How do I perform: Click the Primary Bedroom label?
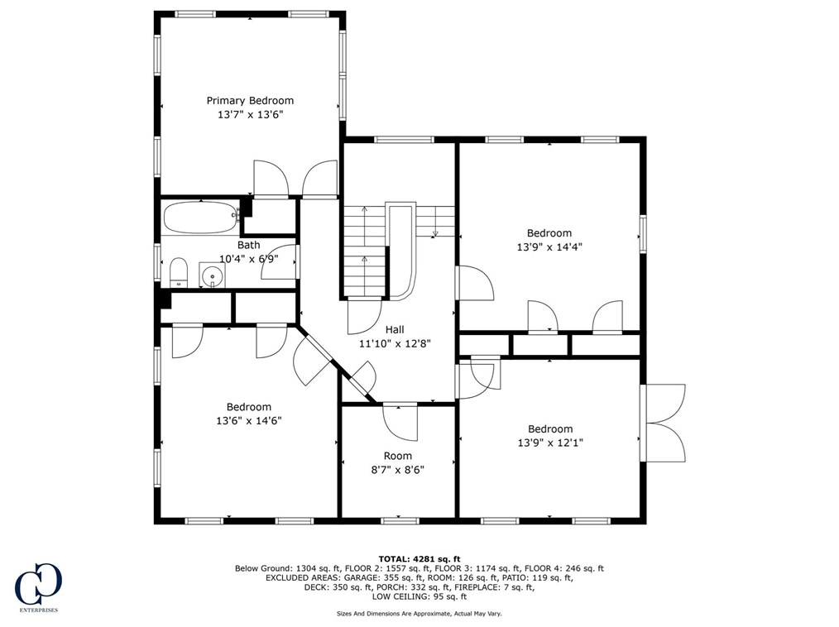(250, 101)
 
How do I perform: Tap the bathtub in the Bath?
(201, 218)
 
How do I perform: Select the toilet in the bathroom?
(178, 272)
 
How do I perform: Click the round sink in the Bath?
(213, 275)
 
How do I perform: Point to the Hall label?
(395, 329)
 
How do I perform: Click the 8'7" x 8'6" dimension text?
(397, 470)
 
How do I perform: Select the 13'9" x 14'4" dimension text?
(549, 247)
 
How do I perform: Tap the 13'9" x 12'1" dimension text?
(550, 443)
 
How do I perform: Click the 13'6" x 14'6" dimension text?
(249, 421)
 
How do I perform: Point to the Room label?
(397, 456)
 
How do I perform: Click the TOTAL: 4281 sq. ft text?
(419, 559)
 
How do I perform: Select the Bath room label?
(249, 245)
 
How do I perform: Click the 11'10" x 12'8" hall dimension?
(395, 343)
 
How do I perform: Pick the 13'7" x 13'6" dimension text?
(250, 114)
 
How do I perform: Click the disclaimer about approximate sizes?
(419, 614)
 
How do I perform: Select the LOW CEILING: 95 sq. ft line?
(419, 596)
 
